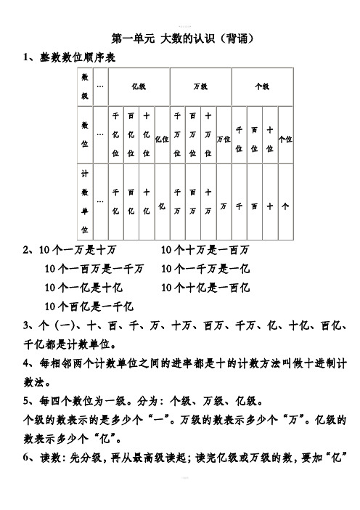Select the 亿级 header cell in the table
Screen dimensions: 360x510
[138, 86]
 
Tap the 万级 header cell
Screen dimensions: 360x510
[200, 86]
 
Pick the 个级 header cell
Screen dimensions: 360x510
[262, 86]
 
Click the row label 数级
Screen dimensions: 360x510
[84, 86]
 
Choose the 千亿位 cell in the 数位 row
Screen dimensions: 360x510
[115, 134]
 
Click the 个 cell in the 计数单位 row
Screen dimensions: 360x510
[285, 206]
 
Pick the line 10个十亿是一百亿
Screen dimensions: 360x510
[205, 287]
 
